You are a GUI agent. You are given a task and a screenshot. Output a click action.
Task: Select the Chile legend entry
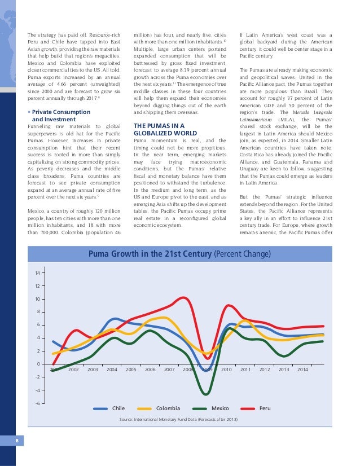pyautogui.click(x=118, y=407)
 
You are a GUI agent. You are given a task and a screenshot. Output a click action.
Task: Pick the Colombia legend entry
pyautogui.click(x=168, y=407)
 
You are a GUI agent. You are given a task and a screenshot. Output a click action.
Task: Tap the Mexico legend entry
pyautogui.click(x=220, y=407)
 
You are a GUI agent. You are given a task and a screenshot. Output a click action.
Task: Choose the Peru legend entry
pyautogui.click(x=265, y=407)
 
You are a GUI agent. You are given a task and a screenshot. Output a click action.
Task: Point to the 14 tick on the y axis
pyautogui.click(x=37, y=274)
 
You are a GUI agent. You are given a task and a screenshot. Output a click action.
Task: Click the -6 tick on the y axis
pyautogui.click(x=37, y=403)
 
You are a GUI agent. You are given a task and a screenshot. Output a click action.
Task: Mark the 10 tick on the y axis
pyautogui.click(x=37, y=300)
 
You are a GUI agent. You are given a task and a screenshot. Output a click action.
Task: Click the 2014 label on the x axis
pyautogui.click(x=302, y=370)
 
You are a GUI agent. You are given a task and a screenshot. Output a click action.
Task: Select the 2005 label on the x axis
pyautogui.click(x=131, y=370)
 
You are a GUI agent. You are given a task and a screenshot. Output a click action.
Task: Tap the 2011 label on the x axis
pyautogui.click(x=245, y=370)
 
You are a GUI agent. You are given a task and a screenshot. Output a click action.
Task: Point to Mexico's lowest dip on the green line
pyautogui.click(x=207, y=394)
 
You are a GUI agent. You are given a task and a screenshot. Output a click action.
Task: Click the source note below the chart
pyautogui.click(x=178, y=420)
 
